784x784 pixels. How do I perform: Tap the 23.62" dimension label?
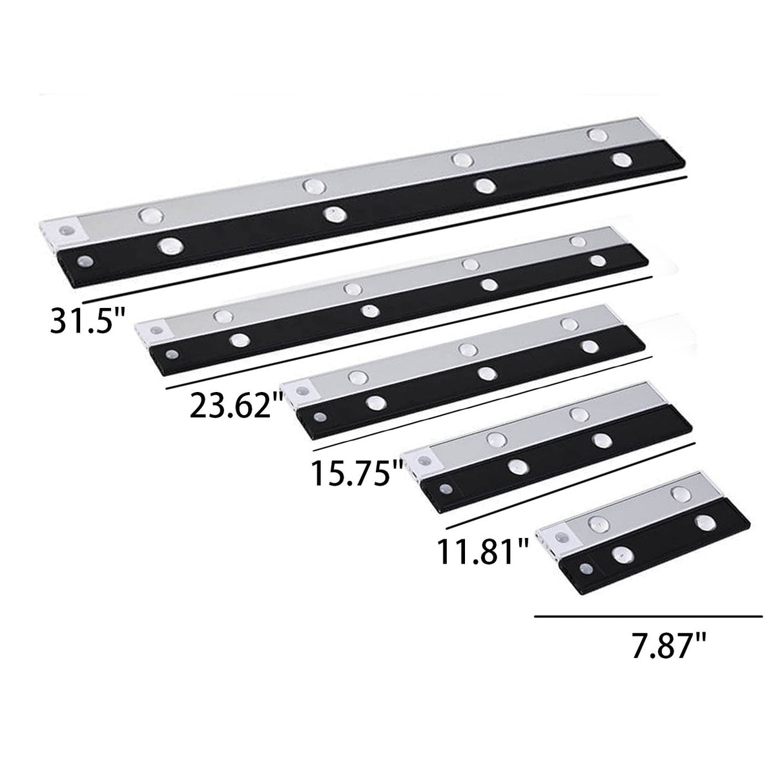pos(236,406)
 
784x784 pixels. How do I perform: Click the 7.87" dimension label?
pos(669,646)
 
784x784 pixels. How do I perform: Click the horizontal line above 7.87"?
pos(648,617)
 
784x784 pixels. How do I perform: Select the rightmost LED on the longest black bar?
pos(621,160)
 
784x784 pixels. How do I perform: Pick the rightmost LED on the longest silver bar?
pos(597,134)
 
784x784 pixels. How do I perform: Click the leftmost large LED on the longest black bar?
pos(170,245)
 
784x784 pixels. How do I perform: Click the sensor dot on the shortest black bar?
pos(586,569)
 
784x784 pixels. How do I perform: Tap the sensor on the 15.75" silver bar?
pos(302,391)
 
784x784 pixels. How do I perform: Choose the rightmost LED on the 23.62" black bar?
pos(598,261)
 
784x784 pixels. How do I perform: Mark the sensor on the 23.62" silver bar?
pos(157,328)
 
